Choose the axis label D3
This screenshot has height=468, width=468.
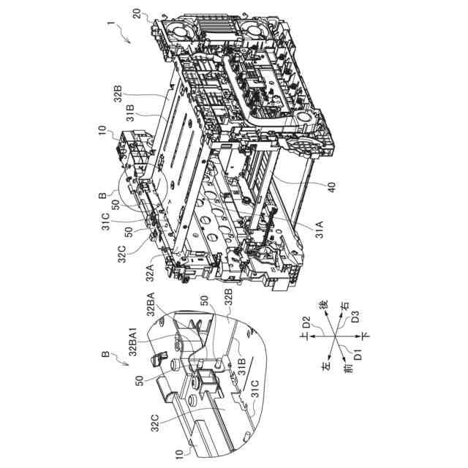pyautogui.click(x=355, y=317)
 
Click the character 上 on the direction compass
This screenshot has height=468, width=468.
pyautogui.click(x=305, y=336)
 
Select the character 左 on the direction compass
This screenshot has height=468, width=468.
pyautogui.click(x=325, y=366)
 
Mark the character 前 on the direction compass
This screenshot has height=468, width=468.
pyautogui.click(x=349, y=369)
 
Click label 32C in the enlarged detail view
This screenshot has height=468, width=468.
pyautogui.click(x=155, y=423)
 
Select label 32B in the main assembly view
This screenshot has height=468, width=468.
pyautogui.click(x=118, y=94)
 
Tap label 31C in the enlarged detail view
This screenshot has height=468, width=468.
pyautogui.click(x=254, y=390)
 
